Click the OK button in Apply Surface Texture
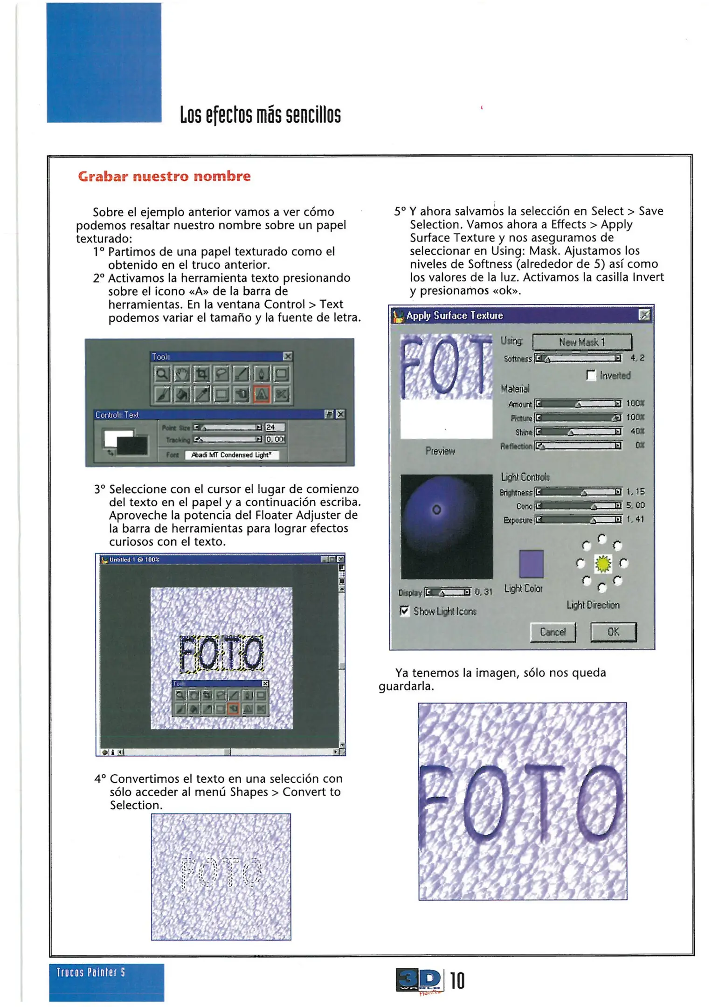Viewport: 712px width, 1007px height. [613, 632]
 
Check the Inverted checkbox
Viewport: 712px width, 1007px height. [591, 375]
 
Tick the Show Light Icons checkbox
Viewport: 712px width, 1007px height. [404, 611]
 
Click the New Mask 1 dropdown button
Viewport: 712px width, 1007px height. [582, 342]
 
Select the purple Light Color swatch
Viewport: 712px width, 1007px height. [531, 564]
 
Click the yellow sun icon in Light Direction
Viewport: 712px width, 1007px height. [603, 564]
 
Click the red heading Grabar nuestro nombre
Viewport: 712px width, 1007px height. [164, 176]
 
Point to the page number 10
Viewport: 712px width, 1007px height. [457, 980]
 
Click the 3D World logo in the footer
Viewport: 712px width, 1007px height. [419, 980]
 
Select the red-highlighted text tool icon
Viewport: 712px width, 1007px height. [262, 394]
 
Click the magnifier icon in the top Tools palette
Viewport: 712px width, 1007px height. [161, 374]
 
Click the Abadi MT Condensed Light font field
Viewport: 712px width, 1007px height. [231, 455]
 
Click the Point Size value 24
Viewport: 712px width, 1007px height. [274, 427]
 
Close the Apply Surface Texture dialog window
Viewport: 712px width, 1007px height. [644, 315]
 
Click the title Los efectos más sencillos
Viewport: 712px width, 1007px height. [260, 115]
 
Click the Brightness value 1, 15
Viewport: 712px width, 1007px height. [635, 491]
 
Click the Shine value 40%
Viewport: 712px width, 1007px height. [637, 431]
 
